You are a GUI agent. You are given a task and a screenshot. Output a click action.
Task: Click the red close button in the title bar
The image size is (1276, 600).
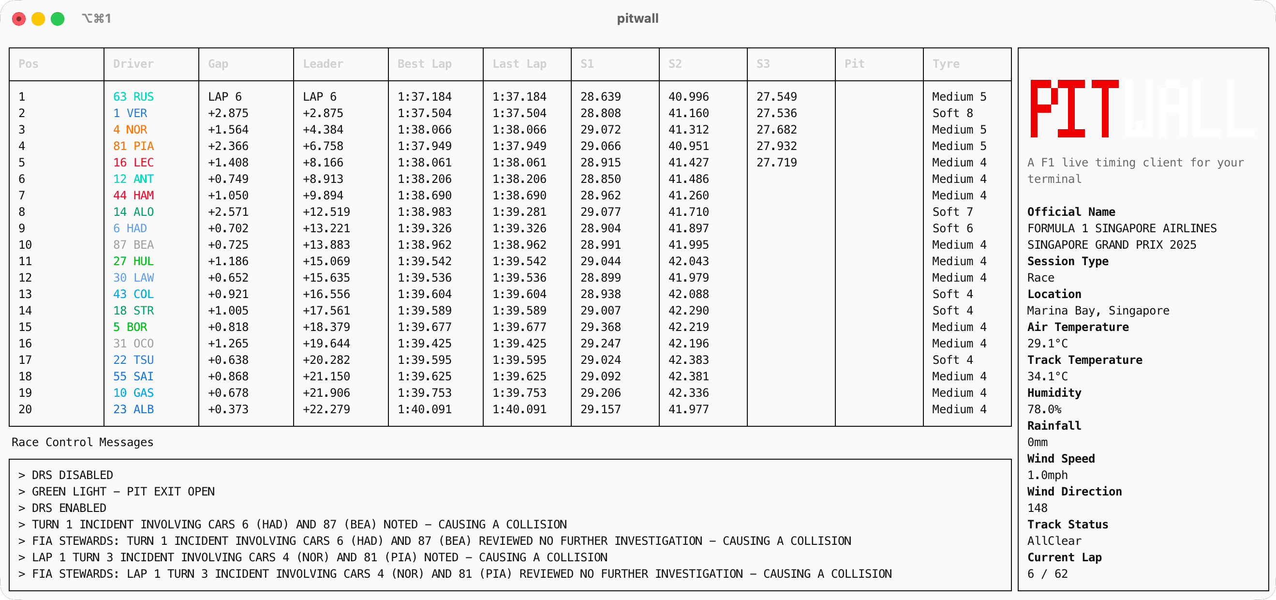19,19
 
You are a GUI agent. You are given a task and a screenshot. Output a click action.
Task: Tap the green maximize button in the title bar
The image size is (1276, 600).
58,19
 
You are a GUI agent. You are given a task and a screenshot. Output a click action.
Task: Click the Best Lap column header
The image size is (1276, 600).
425,64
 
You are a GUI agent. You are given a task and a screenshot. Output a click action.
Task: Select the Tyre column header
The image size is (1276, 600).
946,64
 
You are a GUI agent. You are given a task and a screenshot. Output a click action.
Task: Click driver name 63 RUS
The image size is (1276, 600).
133,97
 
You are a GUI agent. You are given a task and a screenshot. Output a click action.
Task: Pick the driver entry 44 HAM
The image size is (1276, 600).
133,195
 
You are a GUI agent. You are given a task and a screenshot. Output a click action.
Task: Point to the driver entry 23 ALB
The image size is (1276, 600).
133,409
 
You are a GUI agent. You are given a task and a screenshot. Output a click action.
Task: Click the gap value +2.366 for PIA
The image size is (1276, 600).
228,146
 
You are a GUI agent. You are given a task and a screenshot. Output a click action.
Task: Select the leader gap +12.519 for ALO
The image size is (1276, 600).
326,212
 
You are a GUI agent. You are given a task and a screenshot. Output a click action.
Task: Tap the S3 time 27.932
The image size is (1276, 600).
776,146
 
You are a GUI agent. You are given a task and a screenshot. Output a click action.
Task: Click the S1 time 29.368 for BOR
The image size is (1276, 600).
600,327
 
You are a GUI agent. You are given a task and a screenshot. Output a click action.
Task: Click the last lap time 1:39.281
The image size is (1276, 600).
519,212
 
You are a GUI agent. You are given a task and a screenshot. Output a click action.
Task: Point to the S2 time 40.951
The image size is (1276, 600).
688,146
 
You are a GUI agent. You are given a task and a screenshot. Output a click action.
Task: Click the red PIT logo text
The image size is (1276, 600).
1073,108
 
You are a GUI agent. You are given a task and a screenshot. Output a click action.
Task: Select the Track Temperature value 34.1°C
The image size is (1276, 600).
1047,376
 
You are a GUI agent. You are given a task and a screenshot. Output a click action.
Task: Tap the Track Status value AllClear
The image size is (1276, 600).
1054,541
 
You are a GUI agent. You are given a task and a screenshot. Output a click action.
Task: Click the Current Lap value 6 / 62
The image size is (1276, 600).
1047,574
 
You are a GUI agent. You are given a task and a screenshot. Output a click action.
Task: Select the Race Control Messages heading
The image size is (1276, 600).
82,442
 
